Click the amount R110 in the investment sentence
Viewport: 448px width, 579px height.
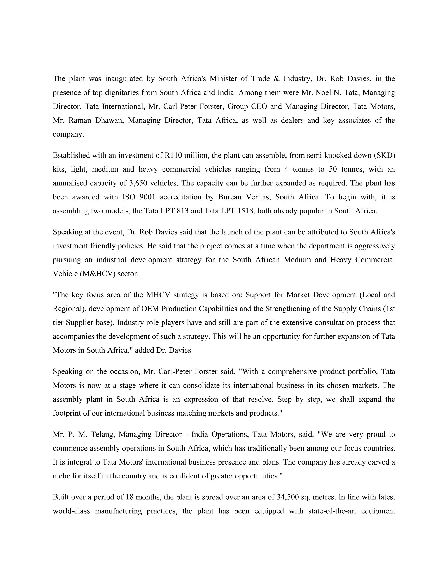point(173,155)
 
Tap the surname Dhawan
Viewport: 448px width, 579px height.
point(109,120)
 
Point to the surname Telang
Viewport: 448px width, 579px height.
point(103,435)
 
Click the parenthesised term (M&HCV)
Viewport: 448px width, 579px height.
point(97,274)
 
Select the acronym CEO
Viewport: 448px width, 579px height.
point(259,107)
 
